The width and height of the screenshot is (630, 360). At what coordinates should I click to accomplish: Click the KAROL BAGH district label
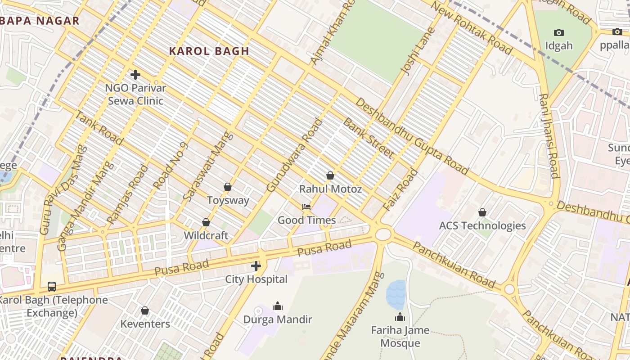point(209,51)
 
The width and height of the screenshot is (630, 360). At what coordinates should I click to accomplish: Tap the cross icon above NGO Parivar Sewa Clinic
point(135,75)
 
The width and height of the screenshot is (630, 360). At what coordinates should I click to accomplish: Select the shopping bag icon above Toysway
point(228,187)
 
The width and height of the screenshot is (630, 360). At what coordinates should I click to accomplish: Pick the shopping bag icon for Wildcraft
point(206,222)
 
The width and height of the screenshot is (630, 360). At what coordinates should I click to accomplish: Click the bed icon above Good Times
point(306,207)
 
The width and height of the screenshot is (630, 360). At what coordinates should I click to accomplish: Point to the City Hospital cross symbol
point(256,266)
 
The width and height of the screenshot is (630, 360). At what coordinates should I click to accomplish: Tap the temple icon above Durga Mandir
point(278,306)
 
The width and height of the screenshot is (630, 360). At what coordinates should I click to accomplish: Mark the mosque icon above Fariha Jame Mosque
point(400,317)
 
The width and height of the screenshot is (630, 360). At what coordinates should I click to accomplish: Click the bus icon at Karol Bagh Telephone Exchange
point(52,287)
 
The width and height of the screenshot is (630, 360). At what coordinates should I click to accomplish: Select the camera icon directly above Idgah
point(559,32)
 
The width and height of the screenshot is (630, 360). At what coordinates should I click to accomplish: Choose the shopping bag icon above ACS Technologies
point(482,212)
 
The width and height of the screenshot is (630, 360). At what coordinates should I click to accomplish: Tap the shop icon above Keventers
point(145,311)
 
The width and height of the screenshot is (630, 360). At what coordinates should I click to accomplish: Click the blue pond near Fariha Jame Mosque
point(396,294)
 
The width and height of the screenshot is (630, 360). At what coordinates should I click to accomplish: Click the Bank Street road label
point(368,138)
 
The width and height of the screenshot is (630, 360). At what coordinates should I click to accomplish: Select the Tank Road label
point(98,128)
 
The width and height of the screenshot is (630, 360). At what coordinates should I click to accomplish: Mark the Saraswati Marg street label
point(208,166)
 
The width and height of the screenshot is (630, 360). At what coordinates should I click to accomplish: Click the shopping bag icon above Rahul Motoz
point(330,175)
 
